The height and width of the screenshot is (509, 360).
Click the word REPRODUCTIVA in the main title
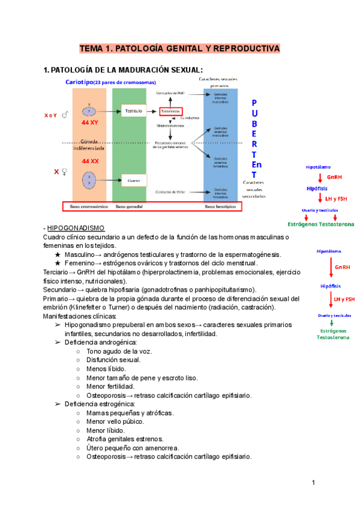(247, 47)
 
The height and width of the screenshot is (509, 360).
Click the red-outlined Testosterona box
(175, 112)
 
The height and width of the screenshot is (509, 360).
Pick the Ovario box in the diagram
(133, 179)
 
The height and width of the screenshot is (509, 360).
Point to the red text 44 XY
(90, 122)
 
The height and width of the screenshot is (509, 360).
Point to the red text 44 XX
(90, 161)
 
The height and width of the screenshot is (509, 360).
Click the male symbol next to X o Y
(64, 114)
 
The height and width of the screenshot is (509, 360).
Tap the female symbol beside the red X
(63, 172)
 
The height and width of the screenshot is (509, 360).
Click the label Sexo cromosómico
(88, 206)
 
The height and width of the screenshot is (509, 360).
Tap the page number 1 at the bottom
(313, 483)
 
